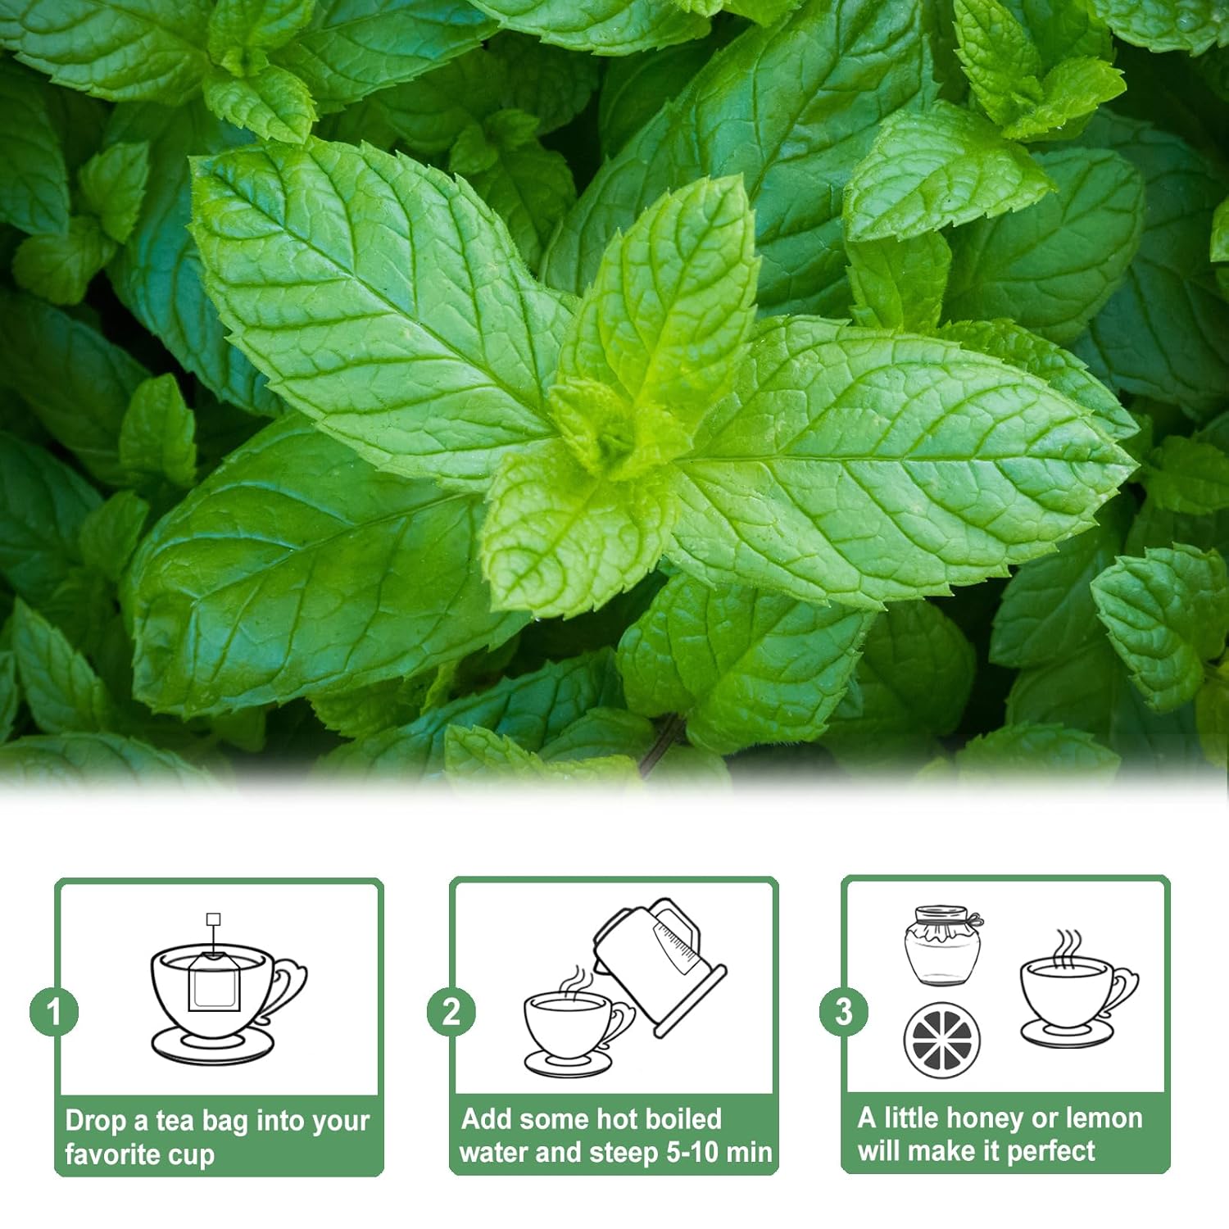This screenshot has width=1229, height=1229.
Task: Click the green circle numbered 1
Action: (x=54, y=1011)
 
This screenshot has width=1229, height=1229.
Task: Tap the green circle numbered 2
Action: (x=451, y=1011)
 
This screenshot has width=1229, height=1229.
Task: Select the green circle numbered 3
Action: (x=844, y=1011)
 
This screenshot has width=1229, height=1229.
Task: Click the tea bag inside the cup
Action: (x=214, y=983)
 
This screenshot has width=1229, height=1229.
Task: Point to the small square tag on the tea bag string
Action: (x=214, y=919)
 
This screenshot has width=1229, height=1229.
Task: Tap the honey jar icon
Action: (x=942, y=946)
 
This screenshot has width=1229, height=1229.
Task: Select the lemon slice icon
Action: (x=941, y=1040)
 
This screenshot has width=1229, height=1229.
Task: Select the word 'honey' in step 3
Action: (x=984, y=1118)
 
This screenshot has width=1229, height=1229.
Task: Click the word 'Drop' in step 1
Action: (x=94, y=1120)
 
